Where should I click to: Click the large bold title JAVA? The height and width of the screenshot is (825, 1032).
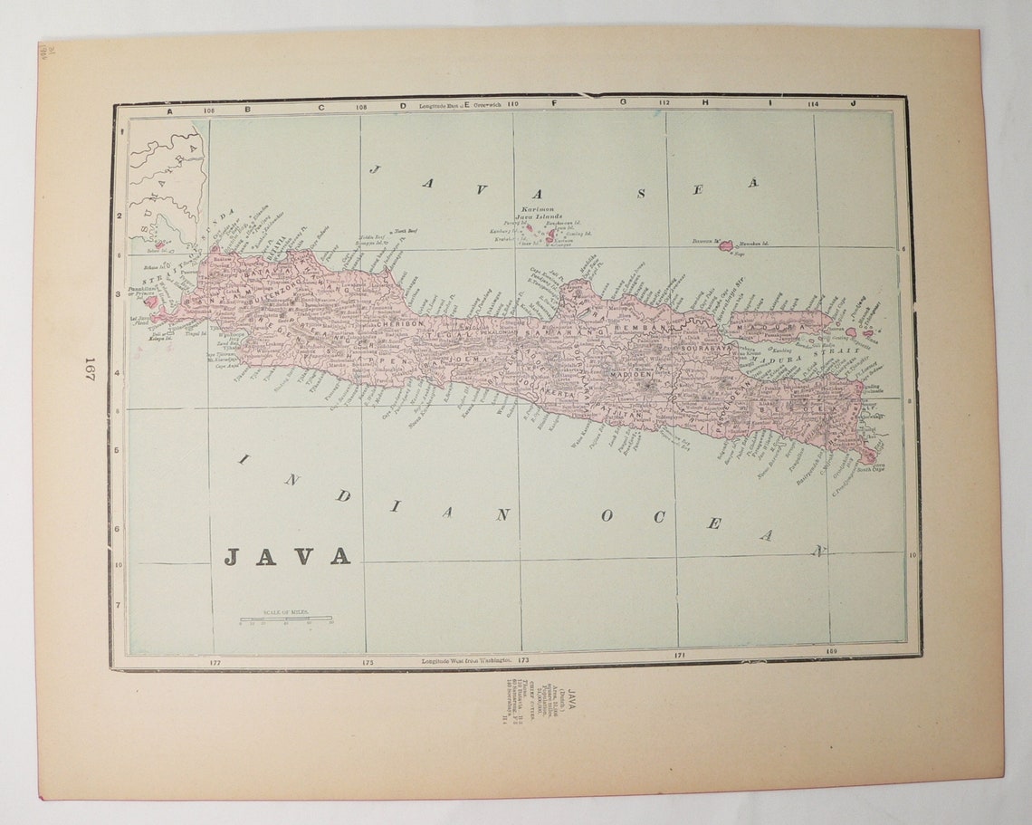click(287, 556)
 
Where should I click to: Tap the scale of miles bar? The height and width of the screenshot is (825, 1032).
click(285, 619)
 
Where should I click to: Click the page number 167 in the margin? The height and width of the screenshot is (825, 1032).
click(90, 368)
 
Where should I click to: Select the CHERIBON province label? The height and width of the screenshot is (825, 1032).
click(401, 323)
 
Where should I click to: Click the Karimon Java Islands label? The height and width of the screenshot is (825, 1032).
click(539, 212)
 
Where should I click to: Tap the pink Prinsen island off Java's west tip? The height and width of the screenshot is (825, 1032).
click(150, 302)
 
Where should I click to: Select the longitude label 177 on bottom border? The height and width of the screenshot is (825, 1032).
click(215, 662)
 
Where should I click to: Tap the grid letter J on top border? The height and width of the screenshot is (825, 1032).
click(853, 103)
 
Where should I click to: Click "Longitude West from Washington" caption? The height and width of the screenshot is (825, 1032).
click(465, 662)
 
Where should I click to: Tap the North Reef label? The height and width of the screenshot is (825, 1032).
click(404, 232)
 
